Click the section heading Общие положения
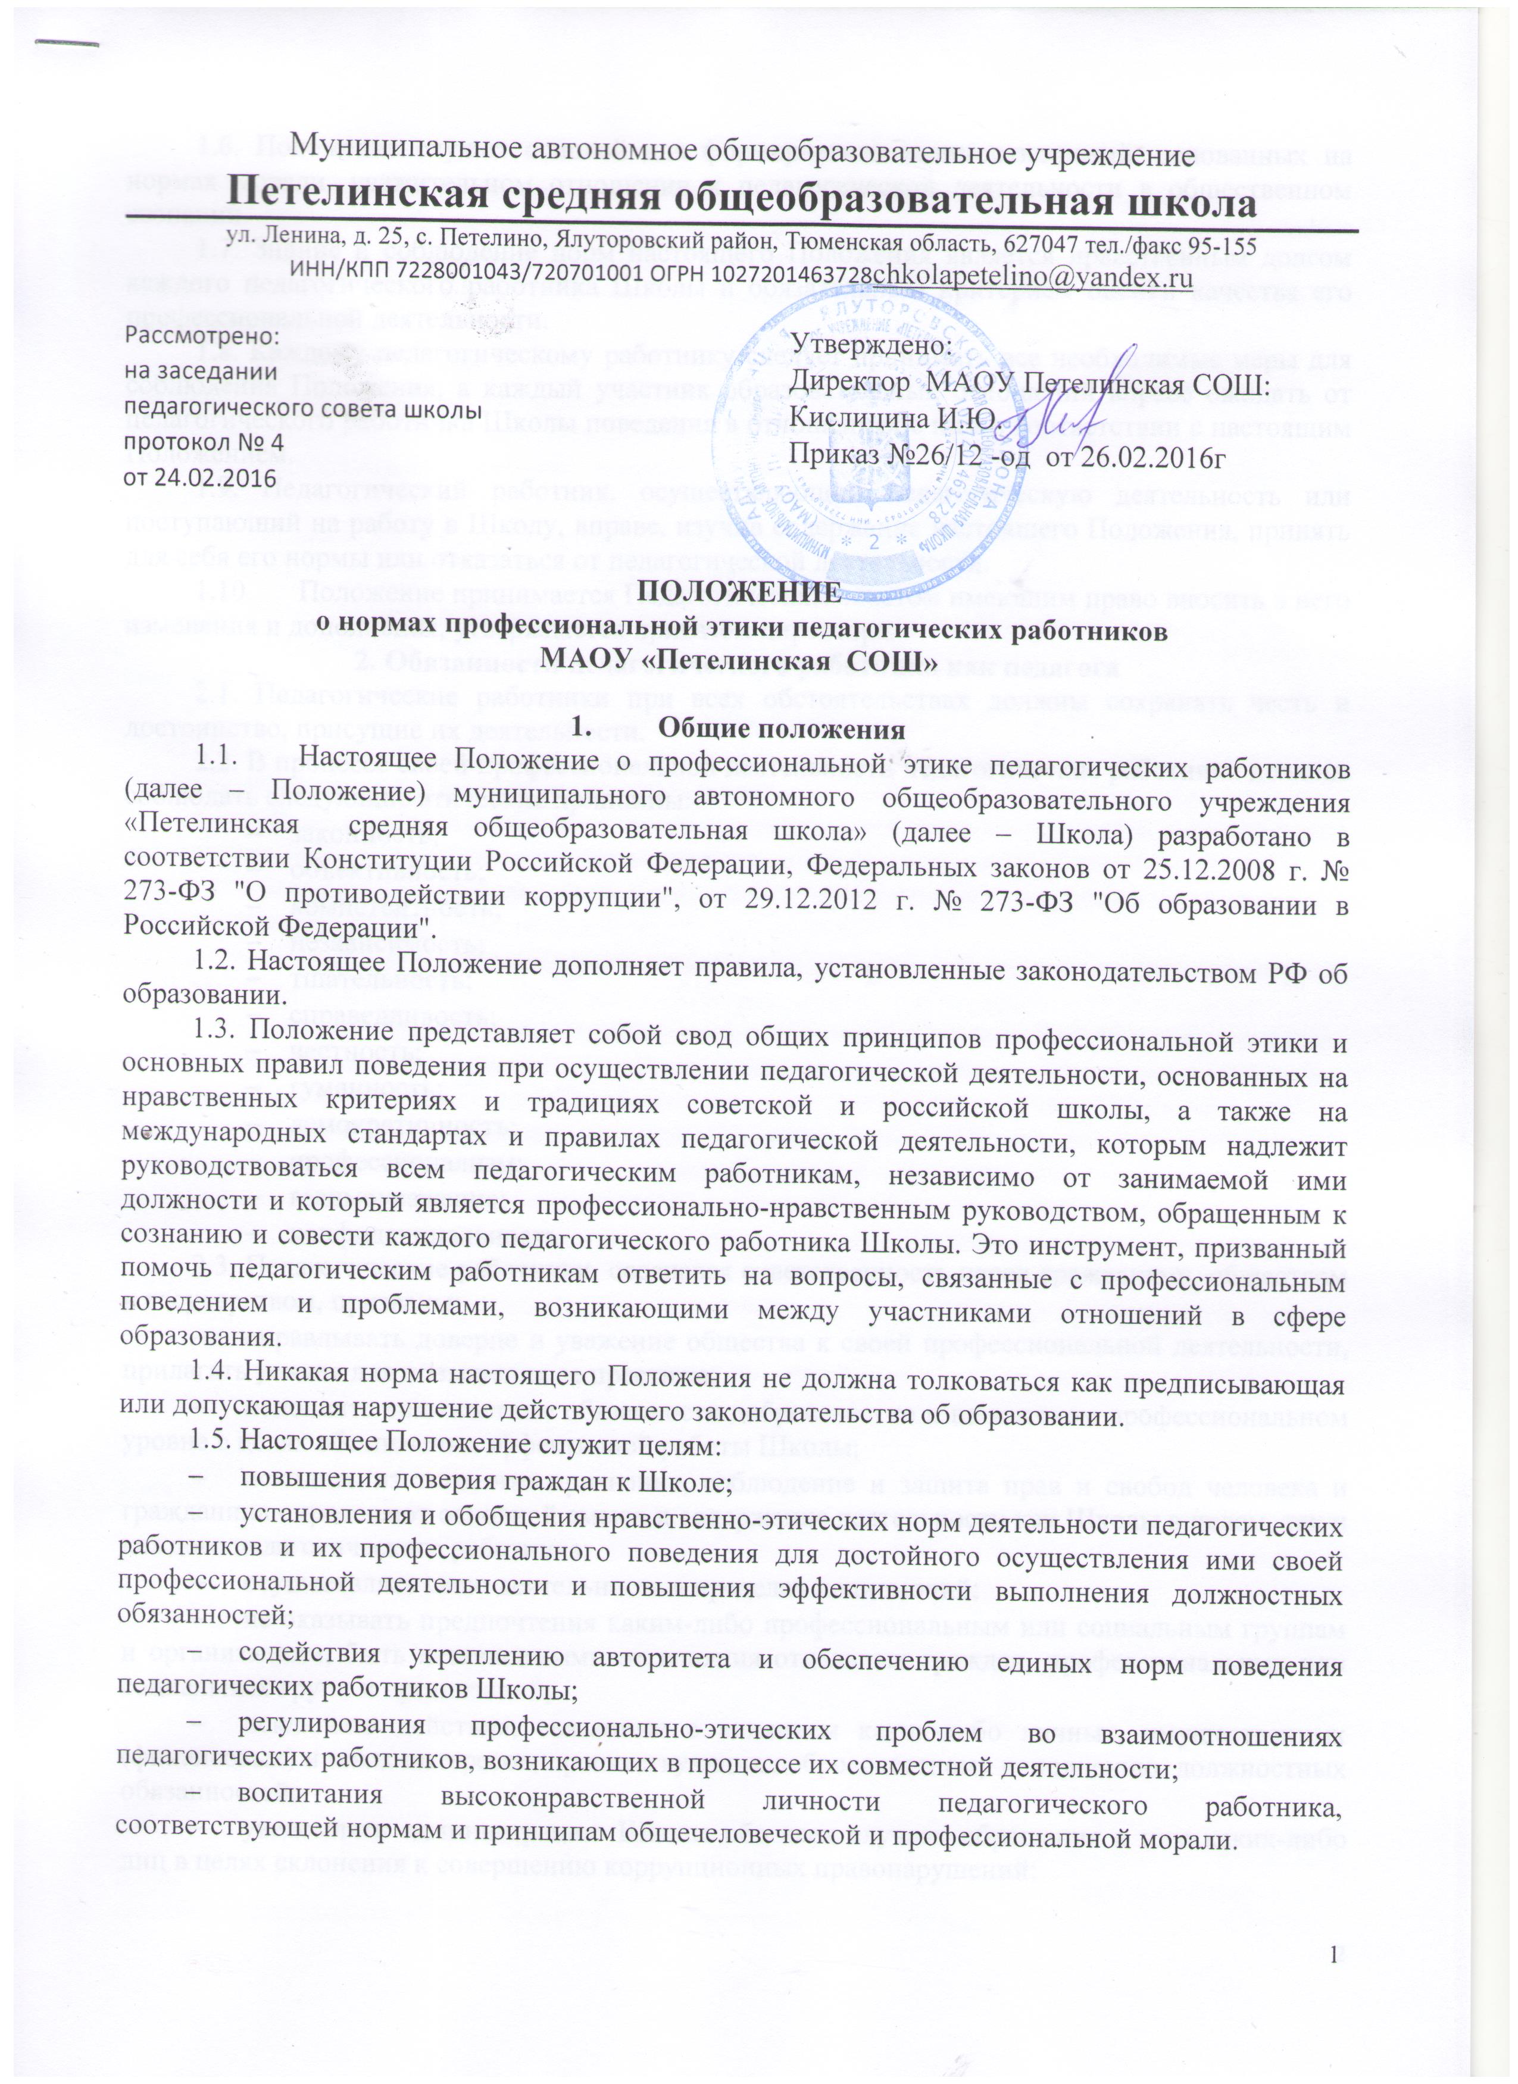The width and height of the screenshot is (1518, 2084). point(781,730)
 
